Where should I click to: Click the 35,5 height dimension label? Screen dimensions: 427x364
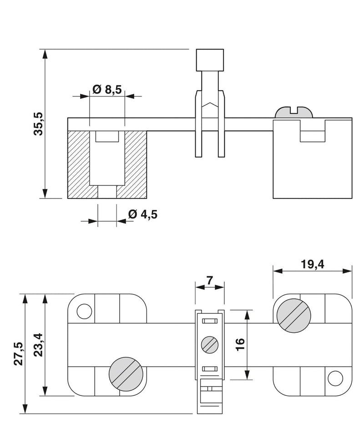click(38, 124)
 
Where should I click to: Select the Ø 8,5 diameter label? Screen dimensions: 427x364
click(107, 90)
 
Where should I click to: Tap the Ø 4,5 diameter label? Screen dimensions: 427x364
click(142, 214)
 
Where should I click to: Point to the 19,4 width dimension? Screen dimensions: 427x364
click(312, 264)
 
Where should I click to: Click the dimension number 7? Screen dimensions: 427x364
click(209, 280)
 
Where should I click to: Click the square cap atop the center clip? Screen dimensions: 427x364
click(210, 60)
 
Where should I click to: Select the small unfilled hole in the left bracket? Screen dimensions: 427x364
click(84, 311)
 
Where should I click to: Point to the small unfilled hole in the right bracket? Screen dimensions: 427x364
click(335, 377)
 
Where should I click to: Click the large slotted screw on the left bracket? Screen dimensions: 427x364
click(126, 373)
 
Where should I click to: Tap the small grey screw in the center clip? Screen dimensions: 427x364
click(209, 344)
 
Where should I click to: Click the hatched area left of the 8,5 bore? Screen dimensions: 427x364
click(78, 164)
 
